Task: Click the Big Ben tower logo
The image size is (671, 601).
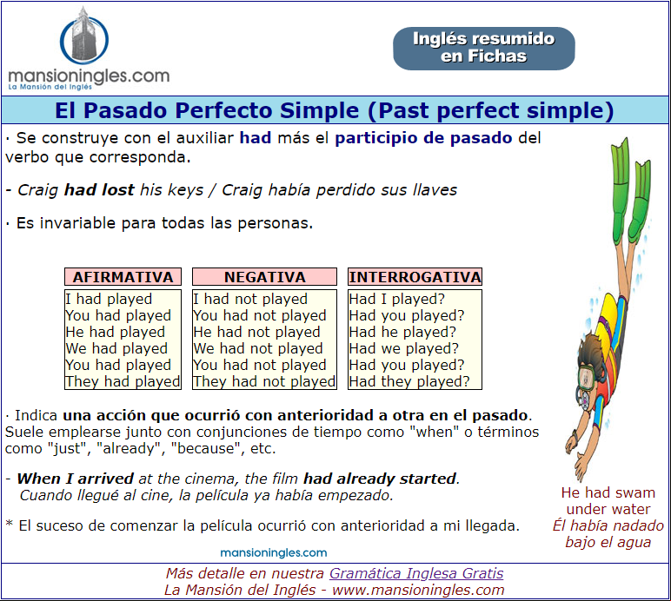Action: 83,36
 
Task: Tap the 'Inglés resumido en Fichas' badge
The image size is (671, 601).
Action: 484,49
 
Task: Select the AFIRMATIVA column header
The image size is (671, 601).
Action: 123,277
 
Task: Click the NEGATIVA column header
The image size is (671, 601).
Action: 264,277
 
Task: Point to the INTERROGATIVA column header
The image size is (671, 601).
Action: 415,277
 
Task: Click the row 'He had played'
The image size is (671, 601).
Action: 115,332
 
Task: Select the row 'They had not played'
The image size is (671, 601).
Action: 264,381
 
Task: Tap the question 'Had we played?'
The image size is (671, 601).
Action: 403,348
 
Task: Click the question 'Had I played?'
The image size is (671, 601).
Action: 396,299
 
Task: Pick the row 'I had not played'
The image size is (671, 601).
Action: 250,299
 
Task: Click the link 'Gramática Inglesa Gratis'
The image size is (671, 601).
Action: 416,573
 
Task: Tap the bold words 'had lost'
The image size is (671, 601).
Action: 99,190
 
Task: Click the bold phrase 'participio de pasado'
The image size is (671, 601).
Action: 423,138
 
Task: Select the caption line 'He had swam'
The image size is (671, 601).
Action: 608,492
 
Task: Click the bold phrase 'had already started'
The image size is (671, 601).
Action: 380,479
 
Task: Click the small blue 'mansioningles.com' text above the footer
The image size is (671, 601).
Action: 274,552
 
